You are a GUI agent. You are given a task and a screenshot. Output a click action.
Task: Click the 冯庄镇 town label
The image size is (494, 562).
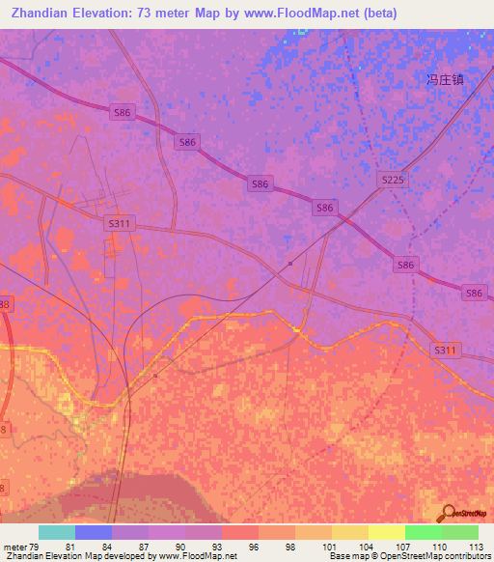pyautogui.click(x=445, y=80)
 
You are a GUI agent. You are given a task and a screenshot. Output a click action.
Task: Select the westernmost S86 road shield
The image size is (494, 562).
pyautogui.click(x=123, y=113)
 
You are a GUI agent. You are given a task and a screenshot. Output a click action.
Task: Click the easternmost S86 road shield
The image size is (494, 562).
pyautogui.click(x=474, y=293)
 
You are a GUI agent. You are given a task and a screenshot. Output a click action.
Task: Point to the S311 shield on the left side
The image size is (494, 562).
pyautogui.click(x=119, y=223)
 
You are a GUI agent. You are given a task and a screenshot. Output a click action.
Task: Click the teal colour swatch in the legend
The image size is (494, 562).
pyautogui.click(x=57, y=532)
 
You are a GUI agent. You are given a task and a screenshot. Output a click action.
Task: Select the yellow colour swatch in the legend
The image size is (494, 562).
pyautogui.click(x=386, y=532)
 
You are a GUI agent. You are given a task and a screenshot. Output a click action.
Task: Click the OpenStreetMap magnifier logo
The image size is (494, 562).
pyautogui.click(x=447, y=512)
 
